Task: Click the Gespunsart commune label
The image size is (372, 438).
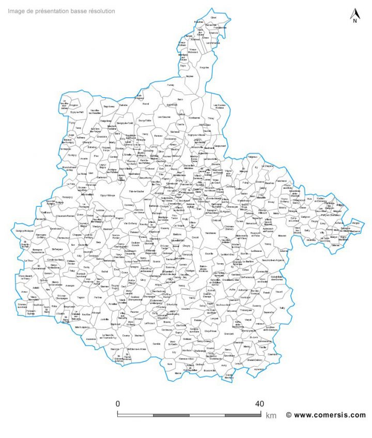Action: point(220,146)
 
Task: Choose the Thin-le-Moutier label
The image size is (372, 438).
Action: point(137,192)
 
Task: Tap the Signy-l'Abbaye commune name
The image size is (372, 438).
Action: point(107,195)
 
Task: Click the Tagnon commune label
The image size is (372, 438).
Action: point(81,297)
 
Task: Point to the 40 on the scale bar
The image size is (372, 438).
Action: point(259,404)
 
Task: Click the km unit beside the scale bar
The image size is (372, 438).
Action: point(271,415)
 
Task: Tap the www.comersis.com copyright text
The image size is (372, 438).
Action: point(326,415)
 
